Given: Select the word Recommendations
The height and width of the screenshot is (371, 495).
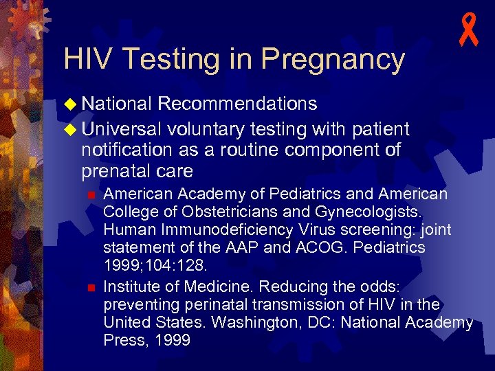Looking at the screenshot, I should click(x=237, y=104).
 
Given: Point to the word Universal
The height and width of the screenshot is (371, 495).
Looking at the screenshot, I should click(x=121, y=128).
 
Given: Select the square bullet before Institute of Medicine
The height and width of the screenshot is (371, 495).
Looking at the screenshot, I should click(x=90, y=284).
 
